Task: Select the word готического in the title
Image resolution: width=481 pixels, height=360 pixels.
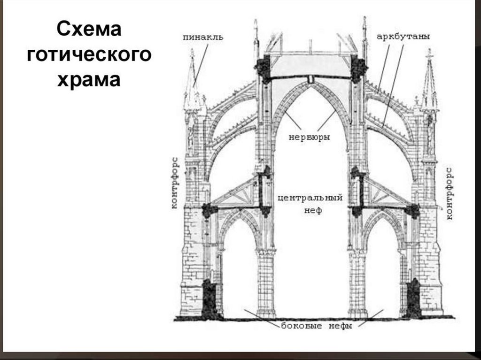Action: point(89,55)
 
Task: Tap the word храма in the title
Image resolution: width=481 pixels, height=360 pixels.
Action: point(89,79)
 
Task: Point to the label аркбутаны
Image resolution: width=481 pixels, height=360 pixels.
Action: point(403,37)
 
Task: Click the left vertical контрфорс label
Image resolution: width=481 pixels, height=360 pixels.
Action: point(174,180)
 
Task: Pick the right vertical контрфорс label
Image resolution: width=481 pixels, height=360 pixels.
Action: point(449,192)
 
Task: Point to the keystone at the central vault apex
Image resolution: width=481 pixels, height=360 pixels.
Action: point(310,79)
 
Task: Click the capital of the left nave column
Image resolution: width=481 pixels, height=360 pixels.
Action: point(266,253)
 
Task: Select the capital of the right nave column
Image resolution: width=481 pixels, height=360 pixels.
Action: point(357,253)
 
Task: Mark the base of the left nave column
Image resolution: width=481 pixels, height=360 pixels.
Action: point(266,313)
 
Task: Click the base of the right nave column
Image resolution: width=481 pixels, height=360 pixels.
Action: point(357,313)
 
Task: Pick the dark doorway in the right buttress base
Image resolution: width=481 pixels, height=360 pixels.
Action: point(413,298)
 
